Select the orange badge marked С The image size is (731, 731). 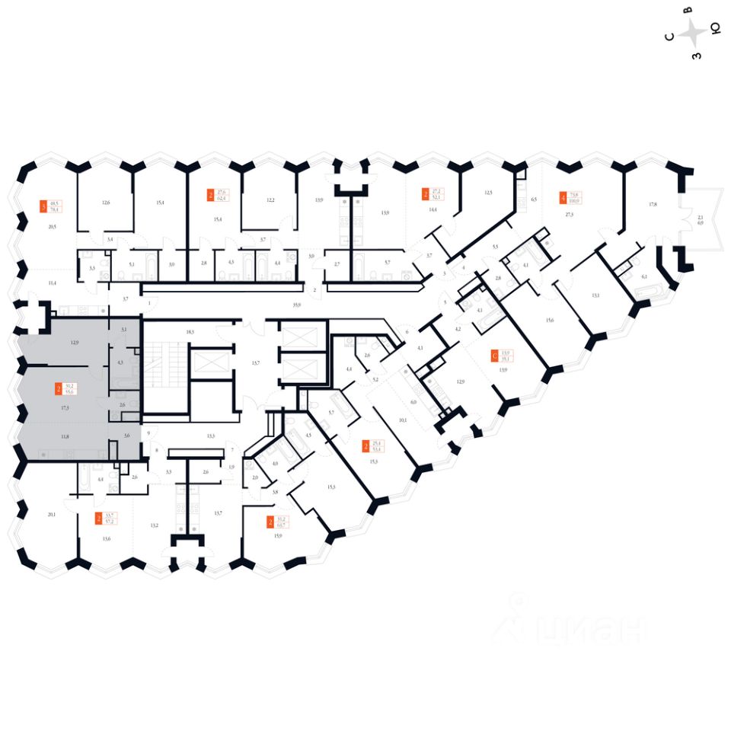pyautogui.click(x=495, y=355)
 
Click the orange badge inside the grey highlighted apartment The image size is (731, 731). pyautogui.click(x=59, y=390)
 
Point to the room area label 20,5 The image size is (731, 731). pyautogui.click(x=52, y=226)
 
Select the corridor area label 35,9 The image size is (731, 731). pyautogui.click(x=297, y=304)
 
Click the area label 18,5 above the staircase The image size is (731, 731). pyautogui.click(x=190, y=332)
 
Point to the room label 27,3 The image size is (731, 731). pyautogui.click(x=568, y=215)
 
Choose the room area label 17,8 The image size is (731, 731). pyautogui.click(x=653, y=203)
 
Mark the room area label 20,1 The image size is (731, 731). pyautogui.click(x=51, y=514)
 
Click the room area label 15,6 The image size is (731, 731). pyautogui.click(x=549, y=320)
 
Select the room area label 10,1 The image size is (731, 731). pyautogui.click(x=403, y=419)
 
